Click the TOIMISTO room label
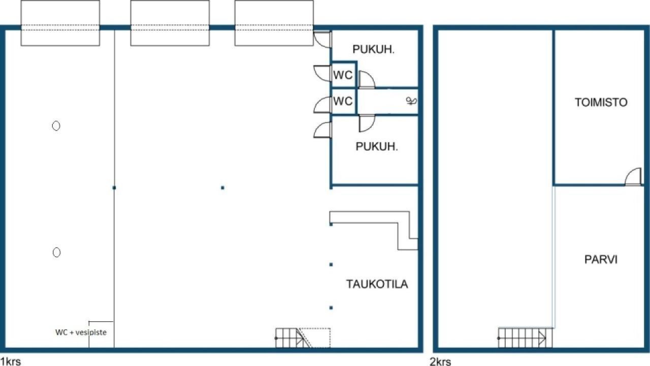click(601, 102)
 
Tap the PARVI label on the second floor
click(601, 259)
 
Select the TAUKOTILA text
click(377, 284)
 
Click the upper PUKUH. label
click(373, 49)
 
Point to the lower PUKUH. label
click(377, 147)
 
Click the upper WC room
click(344, 75)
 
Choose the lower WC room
click(344, 101)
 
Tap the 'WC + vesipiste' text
click(81, 332)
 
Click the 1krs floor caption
click(11, 361)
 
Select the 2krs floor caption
click(440, 361)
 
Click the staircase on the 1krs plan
click(303, 338)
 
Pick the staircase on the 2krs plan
click(525, 338)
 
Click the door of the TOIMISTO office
click(633, 176)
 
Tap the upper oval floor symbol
click(56, 126)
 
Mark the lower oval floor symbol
click(56, 252)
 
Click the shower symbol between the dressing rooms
click(411, 101)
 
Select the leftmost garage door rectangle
click(60, 23)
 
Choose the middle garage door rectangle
click(170, 23)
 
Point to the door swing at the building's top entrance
click(322, 39)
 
